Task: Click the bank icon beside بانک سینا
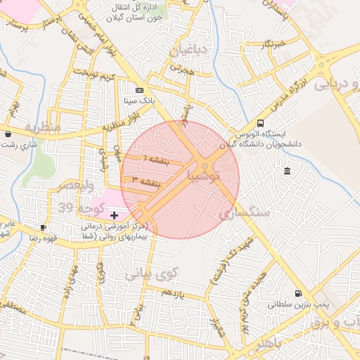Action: pyautogui.click(x=139, y=91)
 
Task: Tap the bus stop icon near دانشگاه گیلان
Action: pyautogui.click(x=262, y=123)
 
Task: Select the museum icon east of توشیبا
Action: pyautogui.click(x=287, y=172)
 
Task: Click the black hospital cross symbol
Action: pyautogui.click(x=115, y=213)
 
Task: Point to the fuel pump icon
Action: pyautogui.click(x=298, y=294)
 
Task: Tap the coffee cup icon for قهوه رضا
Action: pyautogui.click(x=43, y=228)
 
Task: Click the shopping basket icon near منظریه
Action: pyautogui.click(x=8, y=134)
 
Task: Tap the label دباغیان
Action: pyautogui.click(x=189, y=50)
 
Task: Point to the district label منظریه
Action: pyautogui.click(x=44, y=128)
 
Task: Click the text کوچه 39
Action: pyautogui.click(x=91, y=208)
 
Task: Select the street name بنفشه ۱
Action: pyautogui.click(x=155, y=160)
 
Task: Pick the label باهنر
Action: pyautogui.click(x=268, y=345)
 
